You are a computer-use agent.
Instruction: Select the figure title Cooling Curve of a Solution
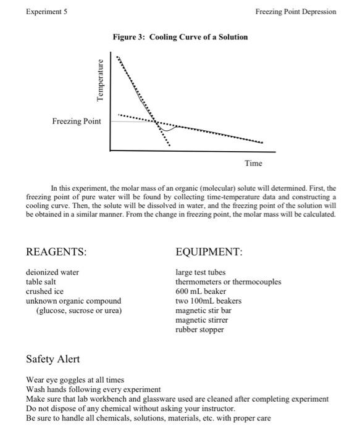[x=180, y=37]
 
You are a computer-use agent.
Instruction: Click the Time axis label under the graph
[x=253, y=163]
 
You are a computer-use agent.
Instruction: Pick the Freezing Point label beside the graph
[x=77, y=121]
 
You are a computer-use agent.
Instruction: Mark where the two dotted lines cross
[x=156, y=122]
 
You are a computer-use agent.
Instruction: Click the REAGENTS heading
[x=56, y=252]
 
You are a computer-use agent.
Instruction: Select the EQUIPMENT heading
[x=209, y=252]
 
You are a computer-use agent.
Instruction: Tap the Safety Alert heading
[x=53, y=359]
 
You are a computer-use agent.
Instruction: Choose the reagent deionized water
[x=52, y=272]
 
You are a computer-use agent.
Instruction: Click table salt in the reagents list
[x=43, y=282]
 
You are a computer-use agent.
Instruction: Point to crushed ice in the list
[x=45, y=291]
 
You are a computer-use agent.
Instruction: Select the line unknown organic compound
[x=73, y=301]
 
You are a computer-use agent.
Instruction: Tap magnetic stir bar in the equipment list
[x=202, y=310]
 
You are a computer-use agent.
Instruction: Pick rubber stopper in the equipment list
[x=199, y=330]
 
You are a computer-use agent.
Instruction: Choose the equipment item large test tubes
[x=201, y=272]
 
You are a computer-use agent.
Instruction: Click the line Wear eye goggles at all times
[x=75, y=380]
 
